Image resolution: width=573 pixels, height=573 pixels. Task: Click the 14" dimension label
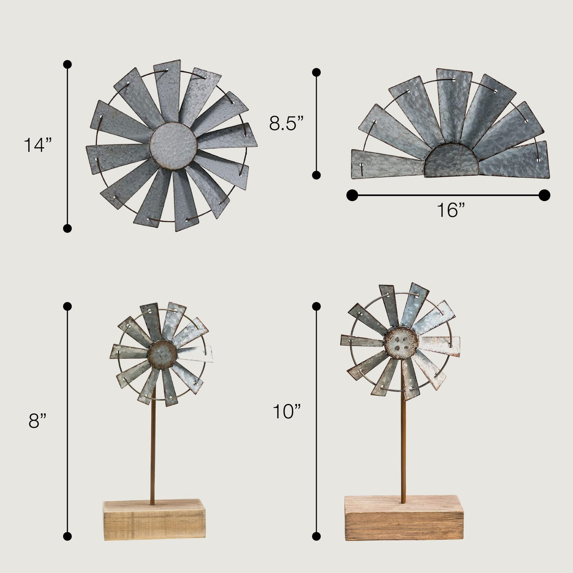tap(37, 145)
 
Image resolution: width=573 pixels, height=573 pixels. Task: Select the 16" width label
tap(450, 211)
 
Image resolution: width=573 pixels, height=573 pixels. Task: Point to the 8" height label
tap(37, 421)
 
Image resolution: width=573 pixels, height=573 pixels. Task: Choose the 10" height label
tap(286, 412)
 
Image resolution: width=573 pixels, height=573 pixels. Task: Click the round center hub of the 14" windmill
tap(173, 145)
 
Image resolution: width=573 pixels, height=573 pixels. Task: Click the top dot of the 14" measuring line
tap(67, 64)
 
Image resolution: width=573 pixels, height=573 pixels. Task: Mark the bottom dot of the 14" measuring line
tap(67, 228)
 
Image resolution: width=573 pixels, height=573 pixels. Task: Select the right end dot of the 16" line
tap(544, 195)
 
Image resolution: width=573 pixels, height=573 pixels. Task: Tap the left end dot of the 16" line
tap(352, 195)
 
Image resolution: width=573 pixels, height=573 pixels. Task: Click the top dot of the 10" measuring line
tap(317, 306)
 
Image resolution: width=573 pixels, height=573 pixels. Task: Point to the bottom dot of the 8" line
tap(67, 536)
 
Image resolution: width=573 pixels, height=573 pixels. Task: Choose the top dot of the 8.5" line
tap(317, 72)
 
